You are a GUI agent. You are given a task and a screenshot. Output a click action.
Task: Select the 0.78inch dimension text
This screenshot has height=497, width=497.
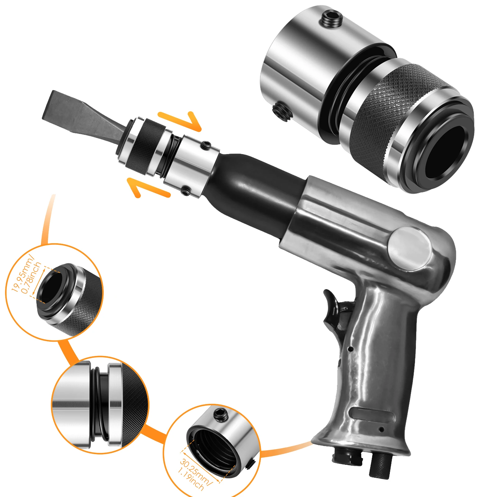click(31, 278)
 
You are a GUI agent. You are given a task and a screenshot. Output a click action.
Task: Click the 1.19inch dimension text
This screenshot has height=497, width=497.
click(190, 480)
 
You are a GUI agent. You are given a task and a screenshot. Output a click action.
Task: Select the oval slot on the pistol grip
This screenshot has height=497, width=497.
click(371, 415)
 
